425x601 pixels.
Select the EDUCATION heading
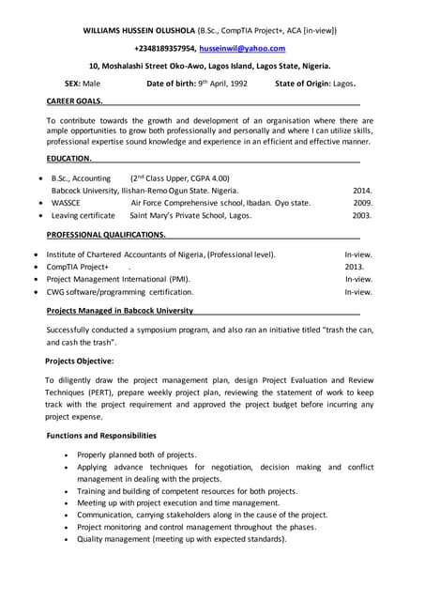(68, 159)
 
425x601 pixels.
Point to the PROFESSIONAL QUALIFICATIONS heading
(106, 234)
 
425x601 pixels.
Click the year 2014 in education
(362, 190)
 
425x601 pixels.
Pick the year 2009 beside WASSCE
(362, 202)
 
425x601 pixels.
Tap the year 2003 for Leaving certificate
(362, 215)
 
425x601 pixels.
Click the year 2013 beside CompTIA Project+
(355, 267)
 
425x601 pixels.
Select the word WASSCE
(66, 202)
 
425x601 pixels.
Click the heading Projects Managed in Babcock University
(120, 310)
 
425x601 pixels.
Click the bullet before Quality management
(65, 540)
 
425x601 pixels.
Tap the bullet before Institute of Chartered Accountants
(36, 254)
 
